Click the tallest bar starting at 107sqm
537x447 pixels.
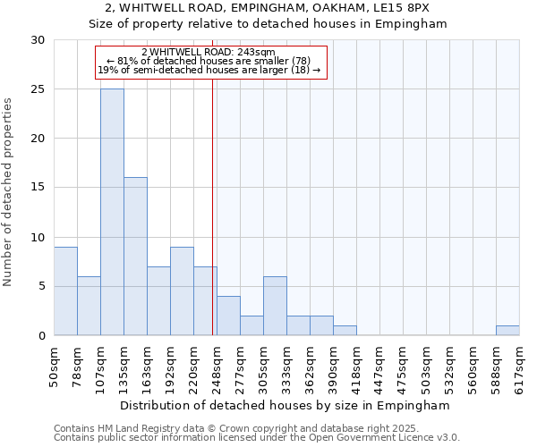pyautogui.click(x=112, y=212)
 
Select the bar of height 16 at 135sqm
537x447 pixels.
pyautogui.click(x=135, y=257)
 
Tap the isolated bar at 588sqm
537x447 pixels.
pyautogui.click(x=507, y=331)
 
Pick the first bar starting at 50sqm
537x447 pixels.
pyautogui.click(x=65, y=291)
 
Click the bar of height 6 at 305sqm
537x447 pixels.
pyautogui.click(x=275, y=306)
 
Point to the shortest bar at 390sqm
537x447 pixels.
pyautogui.click(x=345, y=331)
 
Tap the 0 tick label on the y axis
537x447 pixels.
pyautogui.click(x=40, y=335)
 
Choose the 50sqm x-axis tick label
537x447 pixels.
pyautogui.click(x=55, y=365)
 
